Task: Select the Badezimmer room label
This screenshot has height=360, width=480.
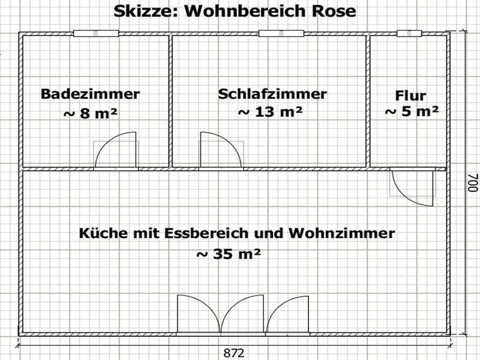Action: (x=90, y=94)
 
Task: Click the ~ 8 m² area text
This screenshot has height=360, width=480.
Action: (x=90, y=113)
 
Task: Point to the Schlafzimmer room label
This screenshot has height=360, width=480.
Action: (x=272, y=94)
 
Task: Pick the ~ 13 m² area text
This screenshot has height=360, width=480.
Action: (x=270, y=112)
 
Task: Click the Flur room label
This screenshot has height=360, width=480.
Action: (x=410, y=96)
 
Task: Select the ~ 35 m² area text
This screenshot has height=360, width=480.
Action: (x=228, y=254)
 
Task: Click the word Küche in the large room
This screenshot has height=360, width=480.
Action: (x=99, y=233)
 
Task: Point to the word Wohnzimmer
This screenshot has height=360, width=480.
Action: (x=342, y=233)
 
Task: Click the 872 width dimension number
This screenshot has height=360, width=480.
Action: (x=234, y=353)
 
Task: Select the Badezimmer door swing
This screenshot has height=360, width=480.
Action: (x=116, y=150)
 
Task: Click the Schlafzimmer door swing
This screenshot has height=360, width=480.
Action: (x=221, y=150)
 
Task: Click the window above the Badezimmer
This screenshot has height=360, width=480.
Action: (x=96, y=33)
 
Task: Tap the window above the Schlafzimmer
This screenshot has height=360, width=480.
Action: (x=281, y=33)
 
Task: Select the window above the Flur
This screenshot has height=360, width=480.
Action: (x=409, y=33)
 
